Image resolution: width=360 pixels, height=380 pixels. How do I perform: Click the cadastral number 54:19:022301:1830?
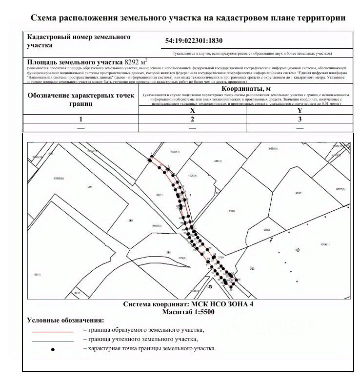click(x=194, y=42)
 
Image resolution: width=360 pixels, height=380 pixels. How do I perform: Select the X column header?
click(x=192, y=111)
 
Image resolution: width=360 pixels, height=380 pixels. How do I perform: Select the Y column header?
click(x=300, y=111)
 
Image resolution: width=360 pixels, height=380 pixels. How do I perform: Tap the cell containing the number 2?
click(x=192, y=119)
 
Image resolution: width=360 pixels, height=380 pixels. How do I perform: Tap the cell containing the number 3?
click(x=300, y=119)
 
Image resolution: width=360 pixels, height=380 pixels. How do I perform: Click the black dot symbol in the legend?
click(x=53, y=349)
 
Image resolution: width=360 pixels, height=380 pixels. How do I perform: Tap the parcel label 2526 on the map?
click(x=232, y=211)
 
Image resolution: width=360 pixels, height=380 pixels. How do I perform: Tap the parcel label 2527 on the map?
click(x=299, y=193)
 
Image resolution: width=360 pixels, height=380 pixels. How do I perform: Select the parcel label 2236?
click(x=266, y=229)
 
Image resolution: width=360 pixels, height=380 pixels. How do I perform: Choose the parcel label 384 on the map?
click(x=90, y=187)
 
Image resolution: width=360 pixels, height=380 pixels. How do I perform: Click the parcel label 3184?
click(x=220, y=257)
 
